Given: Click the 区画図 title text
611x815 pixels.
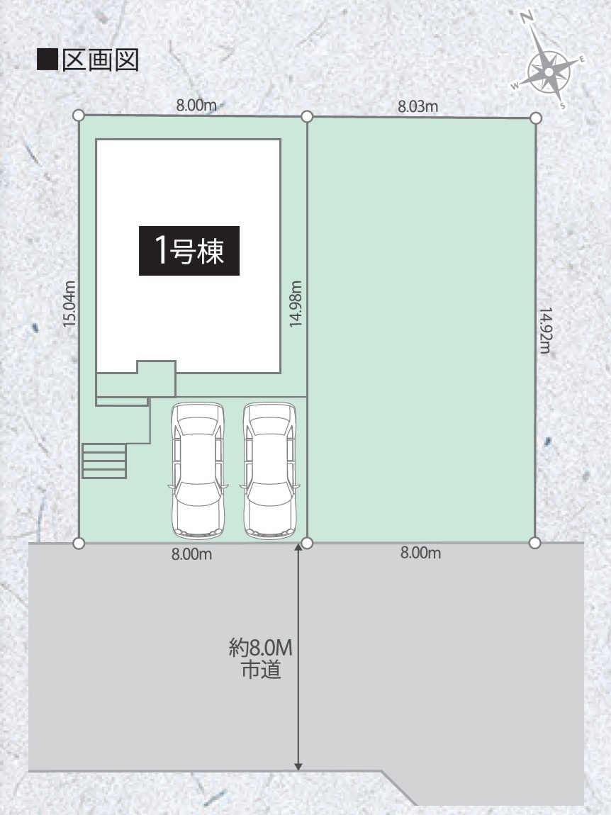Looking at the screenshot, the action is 101,60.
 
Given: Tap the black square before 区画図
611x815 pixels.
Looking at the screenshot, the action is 47,60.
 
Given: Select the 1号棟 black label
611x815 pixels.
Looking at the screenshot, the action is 189,251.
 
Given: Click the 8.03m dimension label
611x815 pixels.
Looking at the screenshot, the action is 418,106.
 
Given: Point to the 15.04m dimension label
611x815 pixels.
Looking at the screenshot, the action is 69,303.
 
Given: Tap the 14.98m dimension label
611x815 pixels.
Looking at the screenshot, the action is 296,303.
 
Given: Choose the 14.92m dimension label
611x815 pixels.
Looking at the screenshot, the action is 544,330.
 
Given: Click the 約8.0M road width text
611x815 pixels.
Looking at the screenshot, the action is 261,648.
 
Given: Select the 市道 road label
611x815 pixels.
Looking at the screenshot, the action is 261,670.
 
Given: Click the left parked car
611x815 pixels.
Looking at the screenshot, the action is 198,471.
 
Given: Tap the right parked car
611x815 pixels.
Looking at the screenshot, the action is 269,471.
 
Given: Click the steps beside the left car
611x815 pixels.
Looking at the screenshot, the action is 104,461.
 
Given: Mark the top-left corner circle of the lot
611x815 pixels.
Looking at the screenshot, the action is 79,115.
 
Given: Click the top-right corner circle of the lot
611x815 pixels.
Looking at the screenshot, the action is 536,118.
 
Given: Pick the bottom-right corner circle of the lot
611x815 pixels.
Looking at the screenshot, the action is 535,543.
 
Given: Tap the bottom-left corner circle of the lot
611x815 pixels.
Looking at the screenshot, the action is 79,543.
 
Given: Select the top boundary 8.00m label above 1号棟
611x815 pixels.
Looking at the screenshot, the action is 196,105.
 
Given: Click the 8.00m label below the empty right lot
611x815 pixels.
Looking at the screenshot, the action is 420,553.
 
